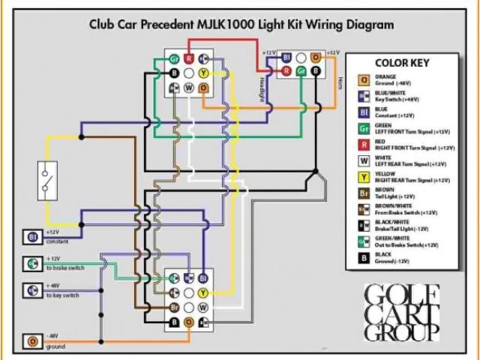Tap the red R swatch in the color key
pyautogui.click(x=364, y=145)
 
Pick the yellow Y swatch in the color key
pyautogui.click(x=364, y=177)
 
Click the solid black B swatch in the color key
pyautogui.click(x=364, y=257)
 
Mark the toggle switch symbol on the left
pyautogui.click(x=47, y=178)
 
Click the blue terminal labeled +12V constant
pyautogui.click(x=33, y=237)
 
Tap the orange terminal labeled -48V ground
pyautogui.click(x=33, y=342)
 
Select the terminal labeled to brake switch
pyautogui.click(x=33, y=263)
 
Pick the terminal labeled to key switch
pyautogui.click(x=33, y=289)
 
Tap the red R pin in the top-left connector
pyautogui.click(x=189, y=58)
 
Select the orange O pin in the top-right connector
pyautogui.click(x=316, y=57)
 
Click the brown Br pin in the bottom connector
pyautogui.click(x=174, y=307)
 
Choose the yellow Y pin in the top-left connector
pyautogui.click(x=203, y=73)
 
